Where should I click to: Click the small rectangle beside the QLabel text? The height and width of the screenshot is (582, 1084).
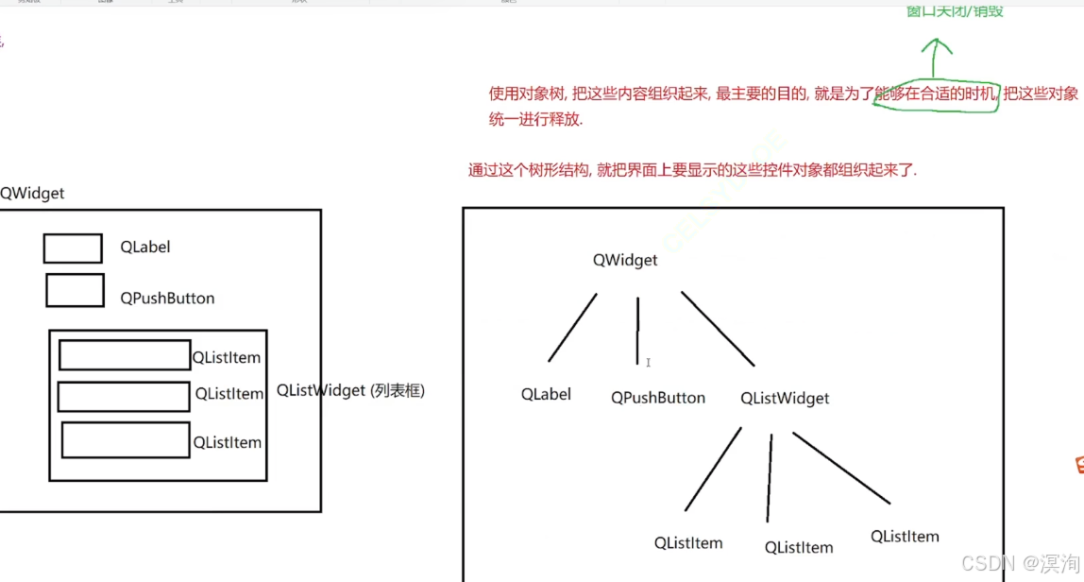click(x=73, y=248)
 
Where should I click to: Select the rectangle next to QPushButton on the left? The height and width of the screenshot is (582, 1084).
click(x=75, y=291)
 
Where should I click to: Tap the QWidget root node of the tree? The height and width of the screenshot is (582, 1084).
click(x=625, y=260)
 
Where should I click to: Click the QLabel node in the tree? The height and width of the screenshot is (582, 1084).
click(x=546, y=394)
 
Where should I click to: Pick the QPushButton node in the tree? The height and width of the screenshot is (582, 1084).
click(x=658, y=398)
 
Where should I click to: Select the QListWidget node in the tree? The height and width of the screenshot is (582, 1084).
click(x=785, y=398)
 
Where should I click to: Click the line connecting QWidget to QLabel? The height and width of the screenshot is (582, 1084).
click(x=572, y=328)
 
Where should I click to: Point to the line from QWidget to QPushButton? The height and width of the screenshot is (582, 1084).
click(x=637, y=330)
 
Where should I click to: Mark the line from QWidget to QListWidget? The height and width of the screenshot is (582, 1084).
click(x=718, y=328)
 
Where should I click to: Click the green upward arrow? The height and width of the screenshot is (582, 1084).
click(x=935, y=57)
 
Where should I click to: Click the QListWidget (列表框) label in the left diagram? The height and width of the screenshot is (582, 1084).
click(x=350, y=390)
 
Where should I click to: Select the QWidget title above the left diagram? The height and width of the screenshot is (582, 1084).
click(x=32, y=193)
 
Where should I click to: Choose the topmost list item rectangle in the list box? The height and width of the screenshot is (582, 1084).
click(x=125, y=355)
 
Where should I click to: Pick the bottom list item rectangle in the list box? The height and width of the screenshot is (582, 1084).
click(x=126, y=439)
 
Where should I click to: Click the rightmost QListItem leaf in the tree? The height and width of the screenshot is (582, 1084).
click(x=905, y=537)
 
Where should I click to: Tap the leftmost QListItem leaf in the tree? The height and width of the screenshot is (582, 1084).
click(x=688, y=543)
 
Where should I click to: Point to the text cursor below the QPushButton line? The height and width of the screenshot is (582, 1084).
click(x=649, y=363)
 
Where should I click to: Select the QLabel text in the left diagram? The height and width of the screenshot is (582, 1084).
click(x=144, y=248)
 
